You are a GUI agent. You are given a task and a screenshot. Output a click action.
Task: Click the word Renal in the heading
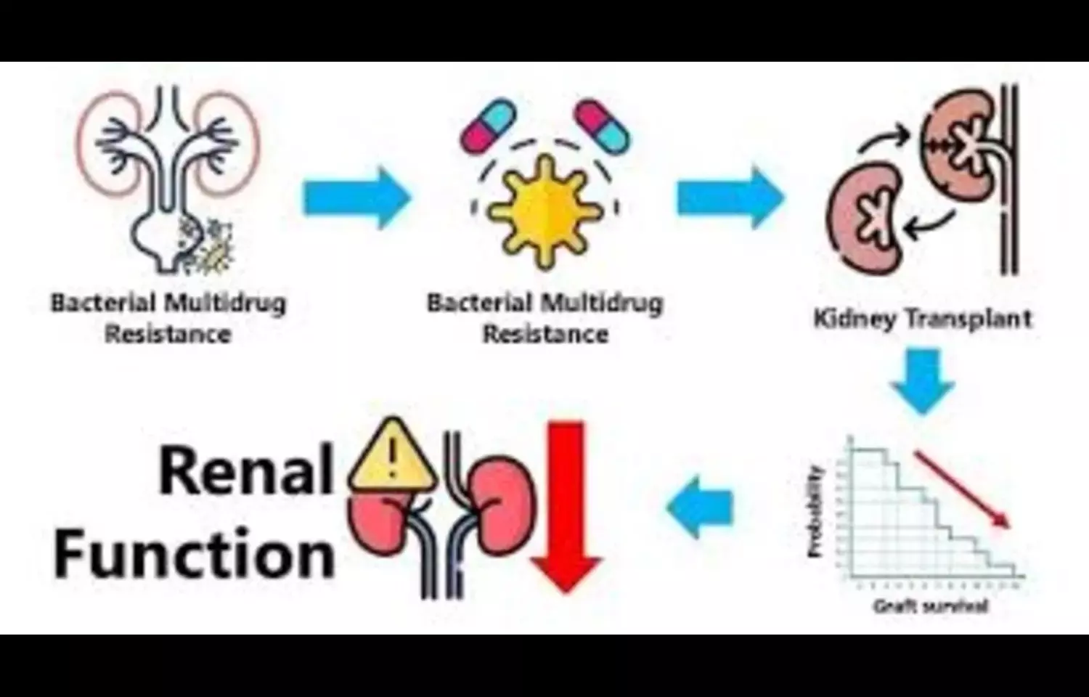(x=245, y=472)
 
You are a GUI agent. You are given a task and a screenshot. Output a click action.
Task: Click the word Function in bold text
(x=195, y=555)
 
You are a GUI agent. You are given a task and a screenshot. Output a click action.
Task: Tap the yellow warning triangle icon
(x=392, y=457)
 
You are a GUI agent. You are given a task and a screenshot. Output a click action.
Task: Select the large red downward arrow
(x=567, y=508)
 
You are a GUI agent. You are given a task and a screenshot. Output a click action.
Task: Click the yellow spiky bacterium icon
(x=544, y=211)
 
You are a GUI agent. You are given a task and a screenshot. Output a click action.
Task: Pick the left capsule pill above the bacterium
(x=487, y=126)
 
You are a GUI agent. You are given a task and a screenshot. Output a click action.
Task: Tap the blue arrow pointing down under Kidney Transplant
(x=923, y=381)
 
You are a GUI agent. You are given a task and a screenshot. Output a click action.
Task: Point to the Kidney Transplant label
(x=922, y=319)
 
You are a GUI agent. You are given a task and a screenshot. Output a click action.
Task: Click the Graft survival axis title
(x=930, y=606)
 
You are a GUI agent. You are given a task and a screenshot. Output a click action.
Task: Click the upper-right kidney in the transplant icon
(x=958, y=142)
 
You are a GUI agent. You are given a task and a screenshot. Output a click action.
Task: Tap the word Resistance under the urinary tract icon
(x=168, y=335)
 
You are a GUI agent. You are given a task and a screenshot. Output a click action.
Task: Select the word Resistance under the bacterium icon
(x=545, y=335)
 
